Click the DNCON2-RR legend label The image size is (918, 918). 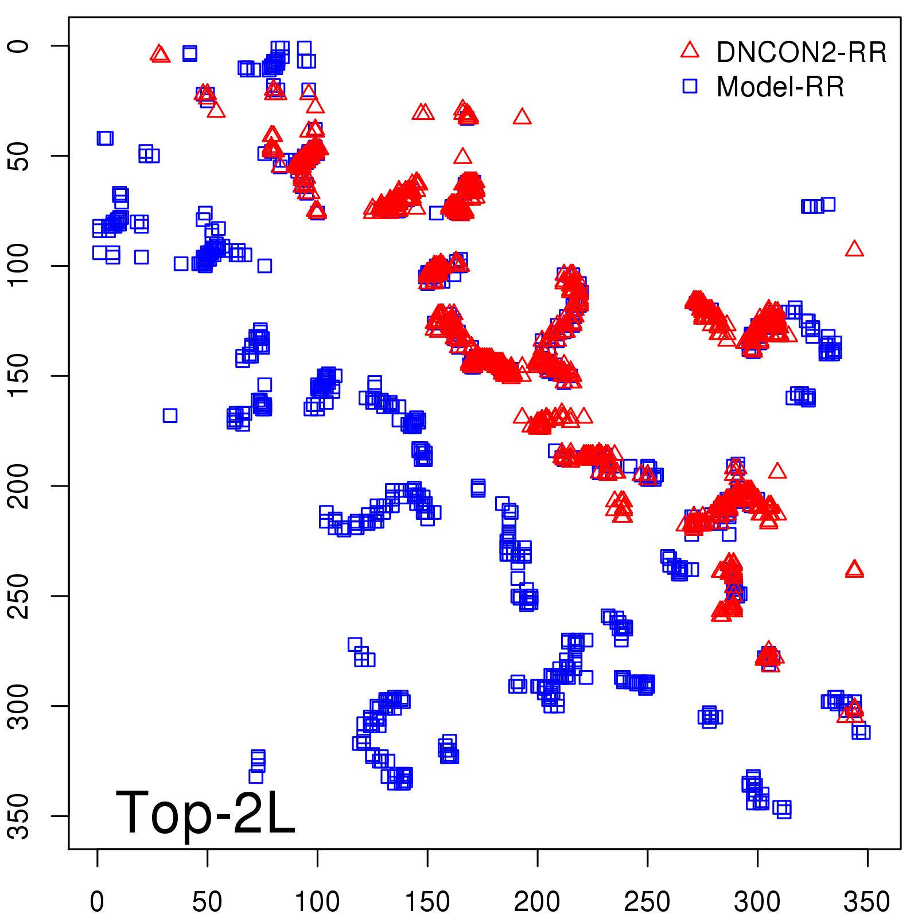point(801,53)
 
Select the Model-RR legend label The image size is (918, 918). point(780,87)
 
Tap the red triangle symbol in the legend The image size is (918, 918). point(690,50)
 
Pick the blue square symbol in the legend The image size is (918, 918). point(690,86)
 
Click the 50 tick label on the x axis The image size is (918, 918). point(207,901)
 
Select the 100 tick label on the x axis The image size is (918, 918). point(317,901)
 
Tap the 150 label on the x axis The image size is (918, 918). point(427,901)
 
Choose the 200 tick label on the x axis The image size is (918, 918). point(537,901)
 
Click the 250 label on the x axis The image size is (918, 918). point(647,901)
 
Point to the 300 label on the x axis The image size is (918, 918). point(757,901)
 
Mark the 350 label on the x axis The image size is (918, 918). point(867,901)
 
